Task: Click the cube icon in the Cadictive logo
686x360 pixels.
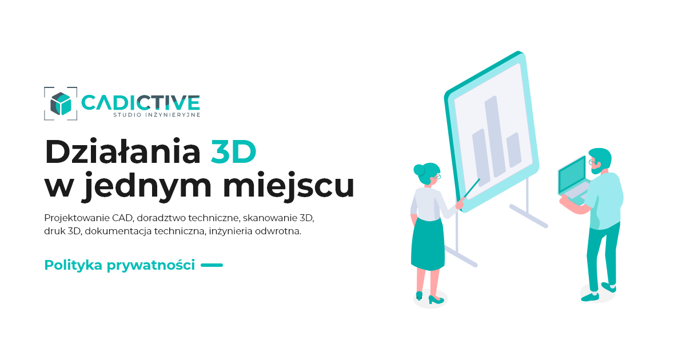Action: tap(61, 103)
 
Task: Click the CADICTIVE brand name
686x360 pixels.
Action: tap(141, 102)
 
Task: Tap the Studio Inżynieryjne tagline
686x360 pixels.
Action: tap(157, 115)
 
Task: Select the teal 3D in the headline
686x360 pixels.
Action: tap(233, 152)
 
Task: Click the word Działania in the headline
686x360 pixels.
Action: tap(123, 151)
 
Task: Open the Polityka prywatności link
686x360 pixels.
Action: tap(119, 265)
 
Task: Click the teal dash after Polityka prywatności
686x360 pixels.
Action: tap(212, 265)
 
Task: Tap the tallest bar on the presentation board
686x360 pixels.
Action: tap(495, 137)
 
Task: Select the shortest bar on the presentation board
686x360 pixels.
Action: tap(514, 150)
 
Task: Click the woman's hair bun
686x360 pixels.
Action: tap(419, 170)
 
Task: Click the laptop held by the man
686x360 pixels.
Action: tap(574, 181)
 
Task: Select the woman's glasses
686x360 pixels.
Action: tap(437, 177)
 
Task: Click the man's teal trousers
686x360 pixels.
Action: tap(601, 257)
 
